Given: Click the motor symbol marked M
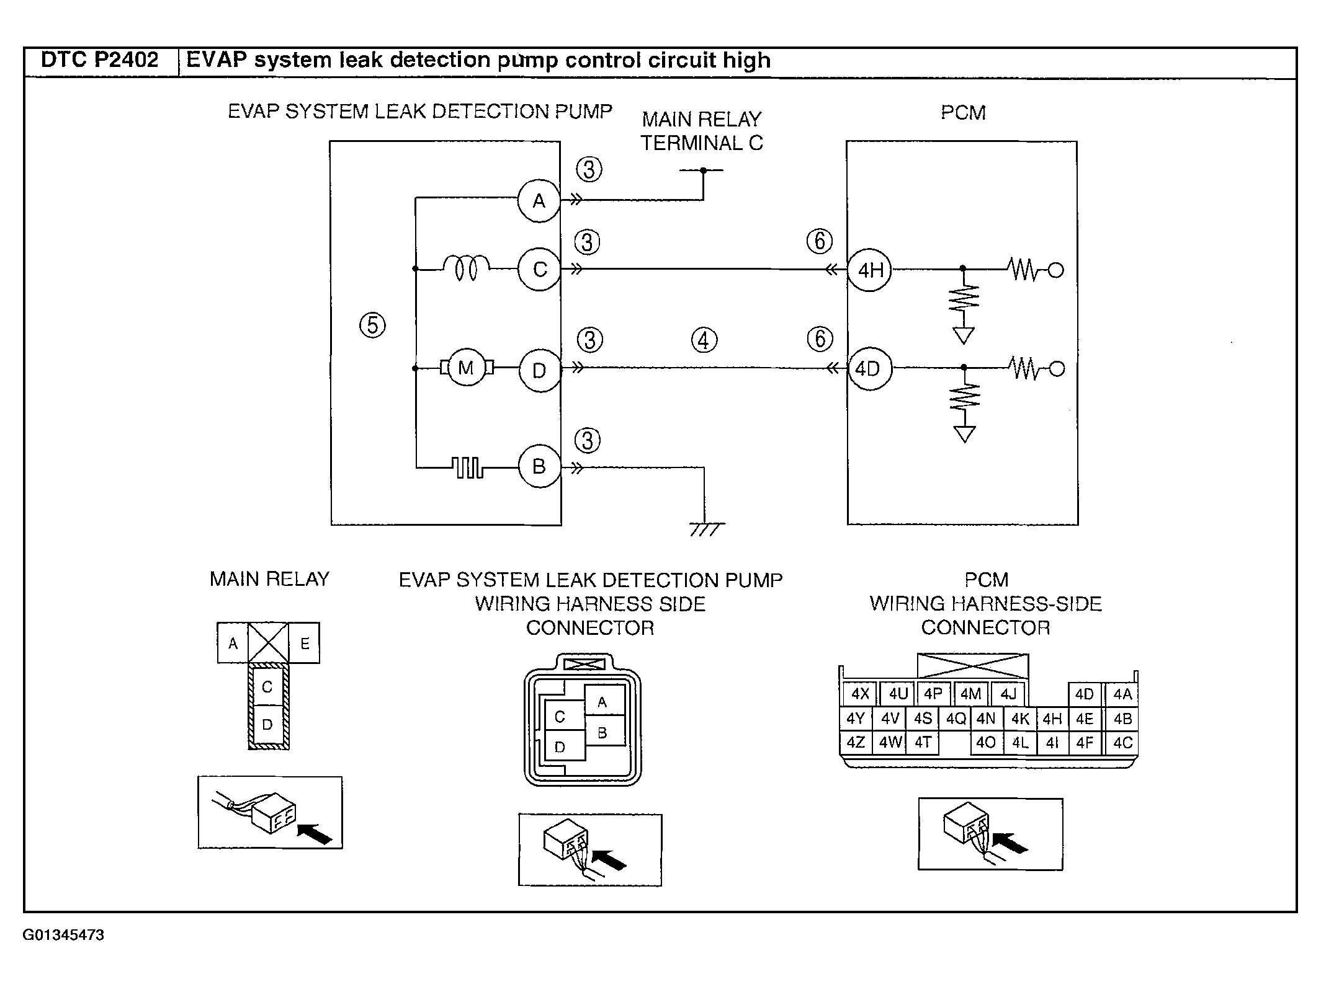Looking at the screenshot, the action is click(x=466, y=368).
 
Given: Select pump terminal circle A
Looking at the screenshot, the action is click(x=539, y=200).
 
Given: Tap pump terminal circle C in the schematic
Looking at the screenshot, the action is click(x=539, y=269).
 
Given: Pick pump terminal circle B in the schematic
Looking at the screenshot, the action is click(x=539, y=466).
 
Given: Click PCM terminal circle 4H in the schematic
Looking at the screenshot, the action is click(x=869, y=270).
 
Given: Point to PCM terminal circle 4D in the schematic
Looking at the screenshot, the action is click(x=869, y=369).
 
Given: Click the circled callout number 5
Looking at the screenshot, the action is click(x=373, y=325).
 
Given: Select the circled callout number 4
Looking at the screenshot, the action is click(x=704, y=340).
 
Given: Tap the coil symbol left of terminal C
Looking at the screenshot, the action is click(x=467, y=269).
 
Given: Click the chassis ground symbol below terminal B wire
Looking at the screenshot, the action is click(x=707, y=529).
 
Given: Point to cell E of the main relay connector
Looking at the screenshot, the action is click(x=305, y=643).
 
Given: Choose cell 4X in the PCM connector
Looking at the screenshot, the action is click(x=860, y=694).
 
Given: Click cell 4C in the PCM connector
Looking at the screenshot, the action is click(x=1122, y=743).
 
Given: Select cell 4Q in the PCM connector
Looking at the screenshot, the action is click(x=956, y=719).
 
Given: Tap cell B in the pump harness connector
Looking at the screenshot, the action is click(x=602, y=733).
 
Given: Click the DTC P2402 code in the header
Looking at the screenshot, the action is click(x=100, y=60).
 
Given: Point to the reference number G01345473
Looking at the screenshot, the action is click(x=63, y=935).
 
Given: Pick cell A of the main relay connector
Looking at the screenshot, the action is click(x=233, y=643).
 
